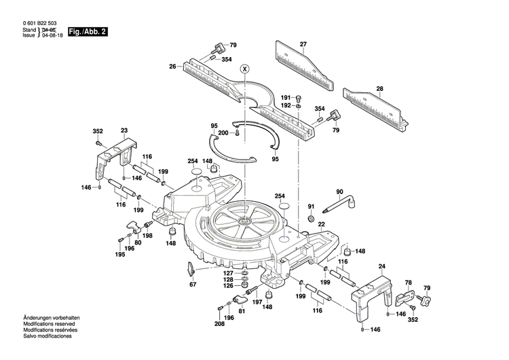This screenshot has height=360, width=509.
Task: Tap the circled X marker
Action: click(x=246, y=69)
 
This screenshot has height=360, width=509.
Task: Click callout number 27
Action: click(x=303, y=44)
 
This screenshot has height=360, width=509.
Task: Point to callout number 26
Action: click(x=173, y=66)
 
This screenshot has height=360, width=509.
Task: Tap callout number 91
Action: click(x=312, y=206)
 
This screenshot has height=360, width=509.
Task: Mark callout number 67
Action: click(x=192, y=285)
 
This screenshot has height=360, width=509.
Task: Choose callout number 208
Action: click(x=219, y=324)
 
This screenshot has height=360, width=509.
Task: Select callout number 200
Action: click(x=223, y=133)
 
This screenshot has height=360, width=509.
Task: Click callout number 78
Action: click(x=408, y=282)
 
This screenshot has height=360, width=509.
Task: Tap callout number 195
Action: click(x=119, y=255)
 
